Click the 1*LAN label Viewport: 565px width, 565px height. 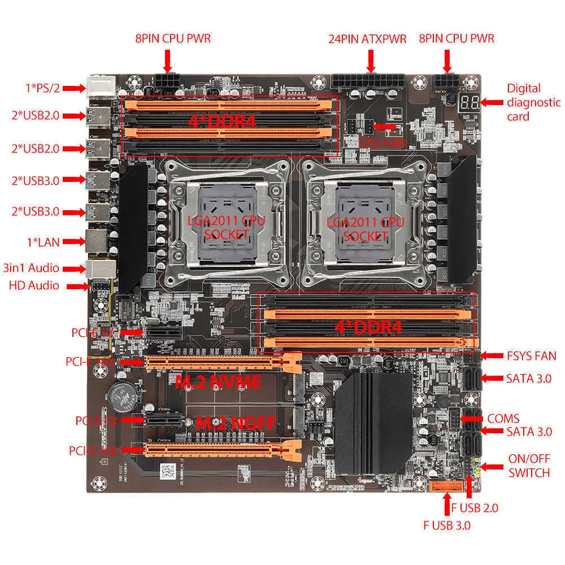click(x=41, y=242)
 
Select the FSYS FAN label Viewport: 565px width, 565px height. click(x=531, y=356)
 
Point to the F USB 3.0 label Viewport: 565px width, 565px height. click(x=446, y=525)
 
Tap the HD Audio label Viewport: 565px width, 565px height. click(x=34, y=285)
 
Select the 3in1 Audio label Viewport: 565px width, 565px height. click(x=31, y=268)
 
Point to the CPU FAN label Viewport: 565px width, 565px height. click(x=383, y=142)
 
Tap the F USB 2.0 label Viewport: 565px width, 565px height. click(x=474, y=507)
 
